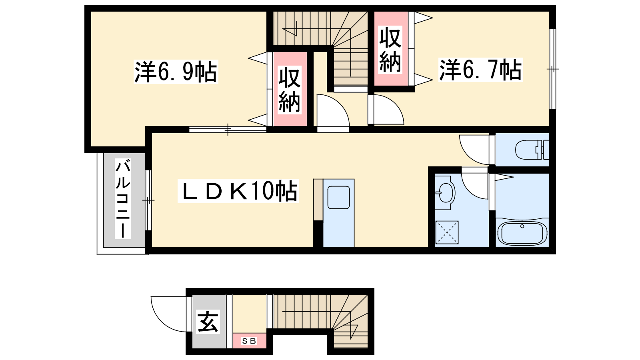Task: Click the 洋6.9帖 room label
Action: click(x=176, y=72)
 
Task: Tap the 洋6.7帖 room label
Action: click(x=480, y=70)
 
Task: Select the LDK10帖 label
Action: click(x=238, y=191)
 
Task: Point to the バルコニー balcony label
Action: click(x=123, y=198)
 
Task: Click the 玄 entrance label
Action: click(x=208, y=322)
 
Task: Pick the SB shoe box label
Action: click(x=249, y=341)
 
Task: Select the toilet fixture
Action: click(x=532, y=150)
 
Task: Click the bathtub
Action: click(x=522, y=234)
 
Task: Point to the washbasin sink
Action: click(x=444, y=193)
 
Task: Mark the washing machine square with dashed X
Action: click(x=446, y=232)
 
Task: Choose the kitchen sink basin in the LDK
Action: click(x=338, y=198)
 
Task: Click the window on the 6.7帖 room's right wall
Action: click(x=553, y=69)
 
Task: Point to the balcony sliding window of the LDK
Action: click(x=148, y=200)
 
